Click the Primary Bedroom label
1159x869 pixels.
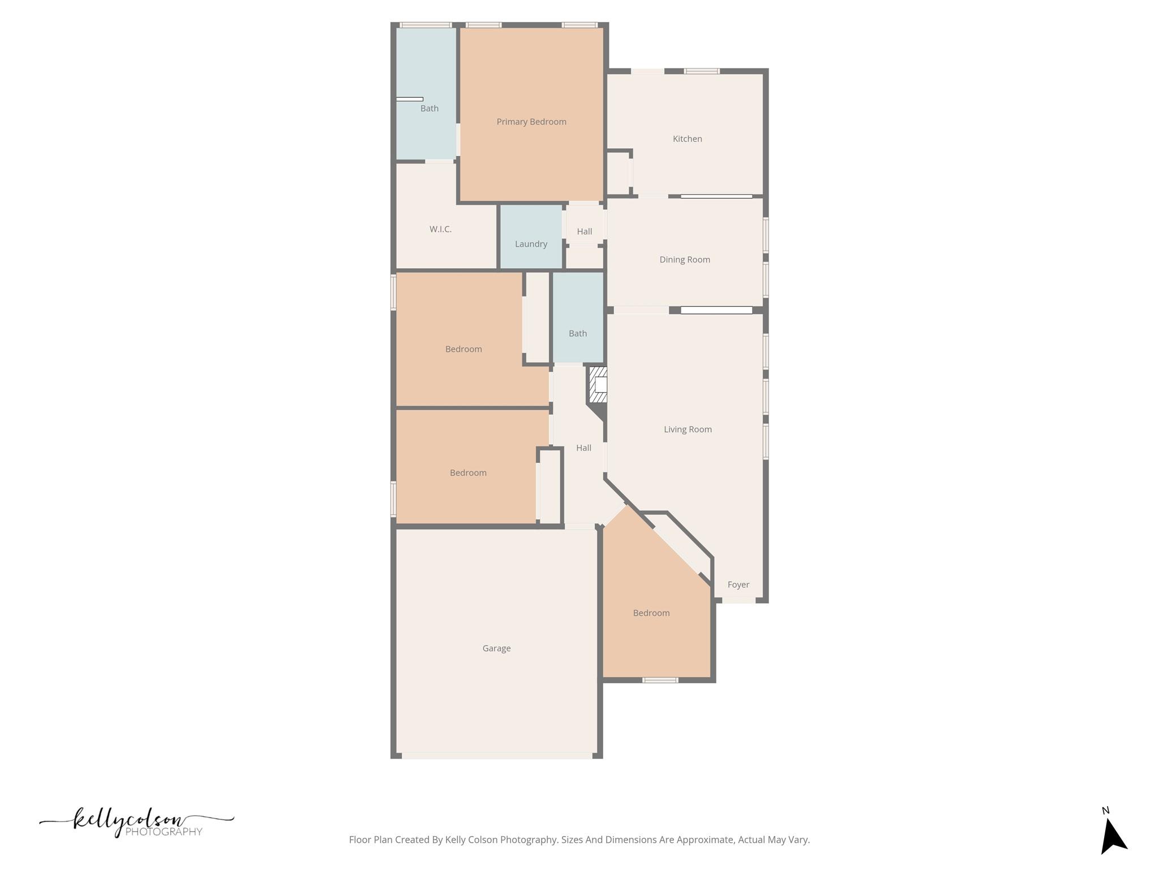[x=531, y=122]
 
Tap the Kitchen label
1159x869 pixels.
[x=687, y=139]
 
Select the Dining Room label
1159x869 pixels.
[x=684, y=260]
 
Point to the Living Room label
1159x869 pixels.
[x=688, y=429]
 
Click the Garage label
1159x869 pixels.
[x=496, y=648]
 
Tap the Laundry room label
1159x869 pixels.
[x=531, y=244]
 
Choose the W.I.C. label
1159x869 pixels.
[x=440, y=229]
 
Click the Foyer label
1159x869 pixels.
[x=738, y=584]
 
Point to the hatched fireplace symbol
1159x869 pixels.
[x=598, y=385]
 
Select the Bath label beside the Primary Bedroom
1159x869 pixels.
[x=429, y=108]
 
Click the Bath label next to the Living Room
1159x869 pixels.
[x=577, y=333]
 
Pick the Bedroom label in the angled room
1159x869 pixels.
[x=651, y=613]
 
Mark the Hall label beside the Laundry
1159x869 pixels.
[x=584, y=231]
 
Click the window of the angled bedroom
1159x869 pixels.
[x=660, y=680]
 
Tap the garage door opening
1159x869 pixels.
[x=496, y=756]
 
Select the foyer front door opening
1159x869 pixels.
[x=739, y=600]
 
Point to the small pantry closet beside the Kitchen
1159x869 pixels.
[x=617, y=173]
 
